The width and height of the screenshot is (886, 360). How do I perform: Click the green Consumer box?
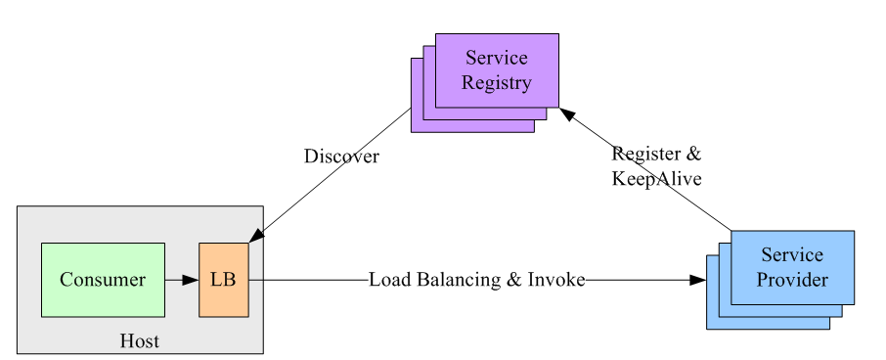pos(103,280)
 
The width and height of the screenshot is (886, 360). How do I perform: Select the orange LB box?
pos(224,280)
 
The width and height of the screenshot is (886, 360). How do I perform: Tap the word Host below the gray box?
pos(139,341)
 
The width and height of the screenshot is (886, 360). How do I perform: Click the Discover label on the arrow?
pos(341,157)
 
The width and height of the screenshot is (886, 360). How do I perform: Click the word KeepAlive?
pos(656,179)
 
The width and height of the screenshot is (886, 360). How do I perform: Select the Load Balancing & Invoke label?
pos(476,280)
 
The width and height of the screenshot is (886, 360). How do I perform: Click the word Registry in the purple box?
pos(497,83)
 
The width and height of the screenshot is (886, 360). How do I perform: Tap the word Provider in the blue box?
pos(793,280)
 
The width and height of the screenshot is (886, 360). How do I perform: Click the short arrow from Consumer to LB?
pos(181,280)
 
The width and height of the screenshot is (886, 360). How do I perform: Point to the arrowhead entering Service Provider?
pos(697,280)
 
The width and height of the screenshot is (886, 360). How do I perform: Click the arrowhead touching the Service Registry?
pos(567,115)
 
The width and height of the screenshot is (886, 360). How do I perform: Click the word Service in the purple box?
pos(497,58)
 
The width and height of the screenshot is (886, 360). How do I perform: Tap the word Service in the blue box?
pos(793,255)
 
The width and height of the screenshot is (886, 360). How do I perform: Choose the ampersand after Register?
pos(693,154)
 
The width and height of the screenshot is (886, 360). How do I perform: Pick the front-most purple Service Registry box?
pos(497,70)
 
